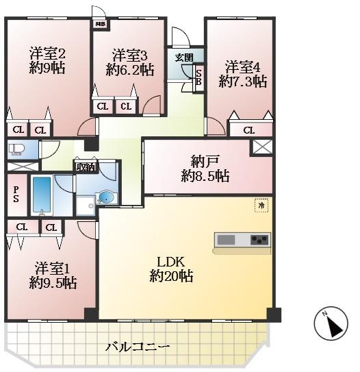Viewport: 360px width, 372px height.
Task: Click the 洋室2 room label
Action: [47, 53]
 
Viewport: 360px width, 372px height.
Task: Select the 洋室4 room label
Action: [243, 67]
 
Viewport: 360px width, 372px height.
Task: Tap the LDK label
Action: [170, 262]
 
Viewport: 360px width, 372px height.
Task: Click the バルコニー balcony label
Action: [138, 347]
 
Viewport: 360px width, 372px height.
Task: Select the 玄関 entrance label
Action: [183, 57]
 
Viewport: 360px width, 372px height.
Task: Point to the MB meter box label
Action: [101, 26]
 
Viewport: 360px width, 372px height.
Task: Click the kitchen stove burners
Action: [258, 240]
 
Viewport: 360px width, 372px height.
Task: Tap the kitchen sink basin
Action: [226, 240]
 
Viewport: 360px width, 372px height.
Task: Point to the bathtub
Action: [42, 195]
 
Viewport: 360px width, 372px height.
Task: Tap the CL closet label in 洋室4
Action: [248, 130]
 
